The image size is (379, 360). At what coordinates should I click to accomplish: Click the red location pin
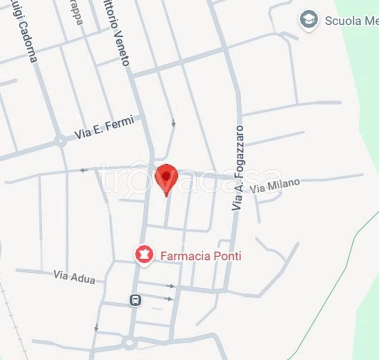(x=166, y=177)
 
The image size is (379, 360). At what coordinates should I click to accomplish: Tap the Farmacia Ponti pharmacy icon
(x=144, y=255)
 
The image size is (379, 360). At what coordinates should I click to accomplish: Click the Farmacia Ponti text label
(x=201, y=256)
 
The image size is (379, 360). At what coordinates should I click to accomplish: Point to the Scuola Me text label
(x=349, y=21)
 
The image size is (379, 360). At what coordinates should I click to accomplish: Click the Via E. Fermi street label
(x=104, y=127)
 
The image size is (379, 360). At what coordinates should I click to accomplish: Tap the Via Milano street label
(x=275, y=186)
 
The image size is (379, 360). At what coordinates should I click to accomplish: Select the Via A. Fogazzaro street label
(x=238, y=167)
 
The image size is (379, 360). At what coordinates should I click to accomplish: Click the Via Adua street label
(x=74, y=277)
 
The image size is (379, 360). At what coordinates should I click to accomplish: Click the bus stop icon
(x=135, y=300)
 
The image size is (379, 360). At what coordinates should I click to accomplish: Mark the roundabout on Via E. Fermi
(x=60, y=141)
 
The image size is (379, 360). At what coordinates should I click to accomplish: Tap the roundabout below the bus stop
(x=129, y=343)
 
